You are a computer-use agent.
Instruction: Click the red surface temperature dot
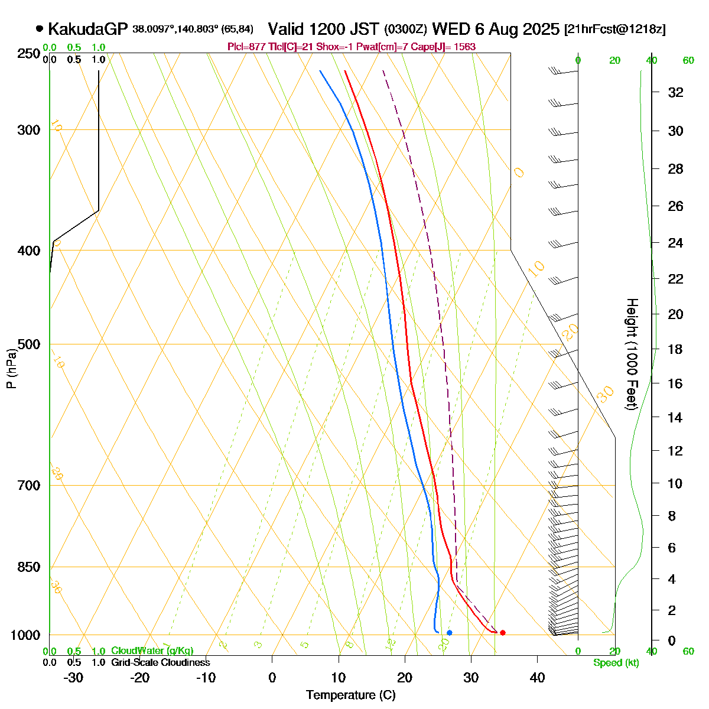(503, 633)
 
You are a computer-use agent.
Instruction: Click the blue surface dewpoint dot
(450, 633)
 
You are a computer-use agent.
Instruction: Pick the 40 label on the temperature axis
(537, 678)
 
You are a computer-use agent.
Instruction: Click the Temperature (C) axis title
(351, 695)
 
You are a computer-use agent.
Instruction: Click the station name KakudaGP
(87, 29)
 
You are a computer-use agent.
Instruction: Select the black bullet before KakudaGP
(40, 28)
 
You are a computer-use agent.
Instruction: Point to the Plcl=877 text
(244, 47)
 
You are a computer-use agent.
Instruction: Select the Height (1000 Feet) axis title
(632, 354)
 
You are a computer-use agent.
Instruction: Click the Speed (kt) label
(616, 663)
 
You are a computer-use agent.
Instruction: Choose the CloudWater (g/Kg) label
(152, 651)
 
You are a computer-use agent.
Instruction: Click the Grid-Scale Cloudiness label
(160, 663)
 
